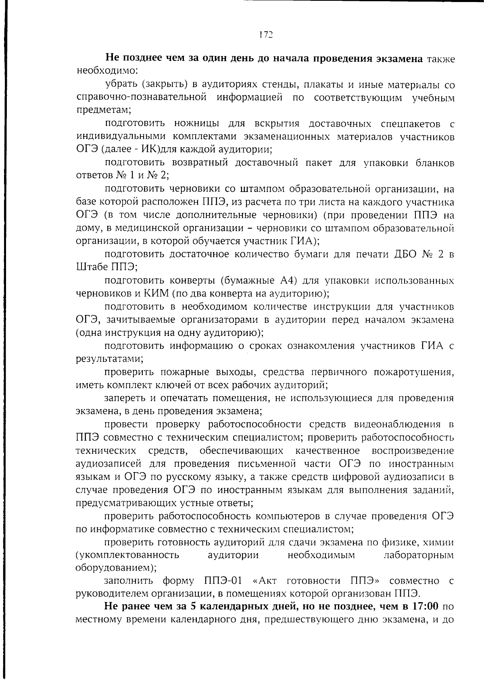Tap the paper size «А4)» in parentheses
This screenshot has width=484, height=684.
point(288,280)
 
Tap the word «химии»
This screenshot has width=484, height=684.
point(440,542)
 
